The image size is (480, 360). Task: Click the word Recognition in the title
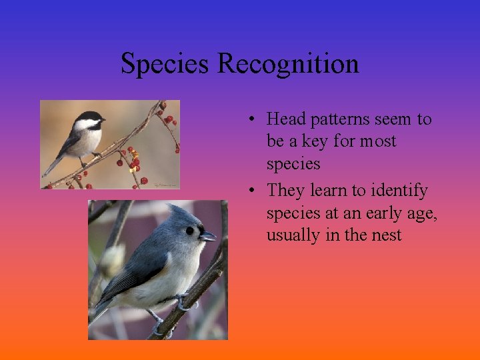tap(288, 65)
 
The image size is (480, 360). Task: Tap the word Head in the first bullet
tap(285, 119)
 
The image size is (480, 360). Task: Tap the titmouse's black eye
tap(190, 231)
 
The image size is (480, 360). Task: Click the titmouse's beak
tap(207, 236)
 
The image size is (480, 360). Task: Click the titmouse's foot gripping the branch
tap(181, 304)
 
